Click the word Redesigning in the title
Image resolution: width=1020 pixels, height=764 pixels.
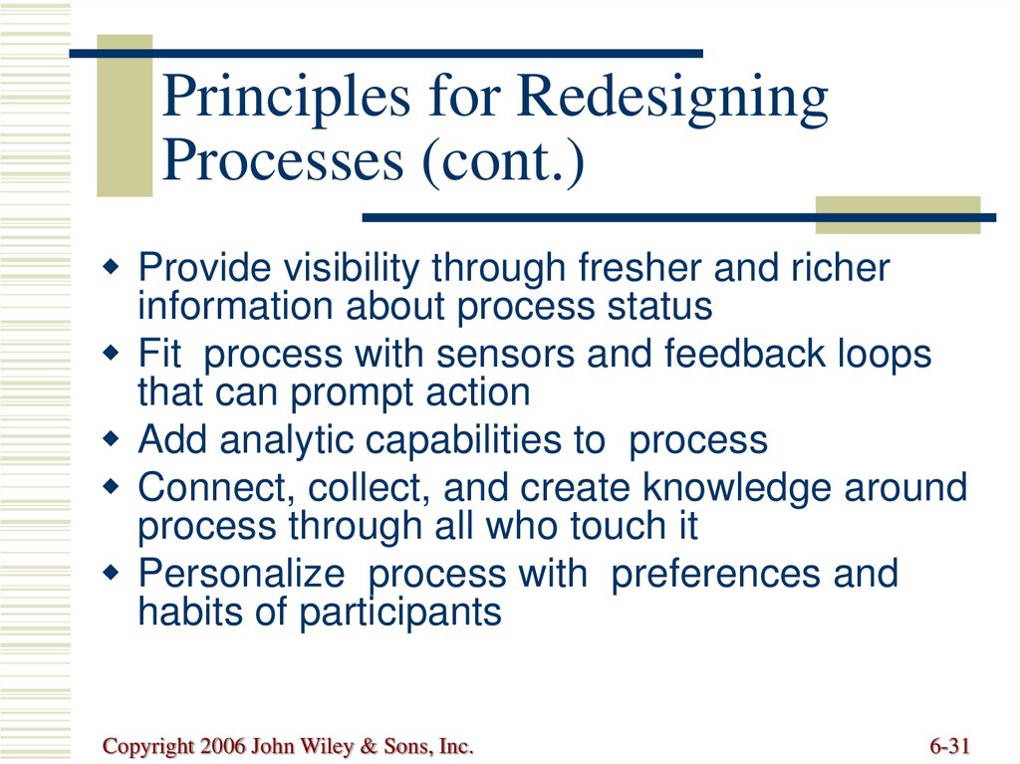pos(672,100)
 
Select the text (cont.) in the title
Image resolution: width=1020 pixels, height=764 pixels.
pos(503,160)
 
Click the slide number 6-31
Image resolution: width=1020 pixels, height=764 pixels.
pos(949,745)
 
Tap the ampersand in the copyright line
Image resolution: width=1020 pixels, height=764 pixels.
pos(369,746)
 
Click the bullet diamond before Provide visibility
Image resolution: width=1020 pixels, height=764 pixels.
pos(112,267)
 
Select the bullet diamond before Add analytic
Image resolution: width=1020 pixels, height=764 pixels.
pos(112,439)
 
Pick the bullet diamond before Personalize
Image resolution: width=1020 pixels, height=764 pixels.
pos(112,573)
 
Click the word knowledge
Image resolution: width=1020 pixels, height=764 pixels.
pos(737,488)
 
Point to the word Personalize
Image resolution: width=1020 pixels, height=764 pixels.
pos(241,574)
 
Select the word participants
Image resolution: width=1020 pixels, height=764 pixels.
pos(400,613)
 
